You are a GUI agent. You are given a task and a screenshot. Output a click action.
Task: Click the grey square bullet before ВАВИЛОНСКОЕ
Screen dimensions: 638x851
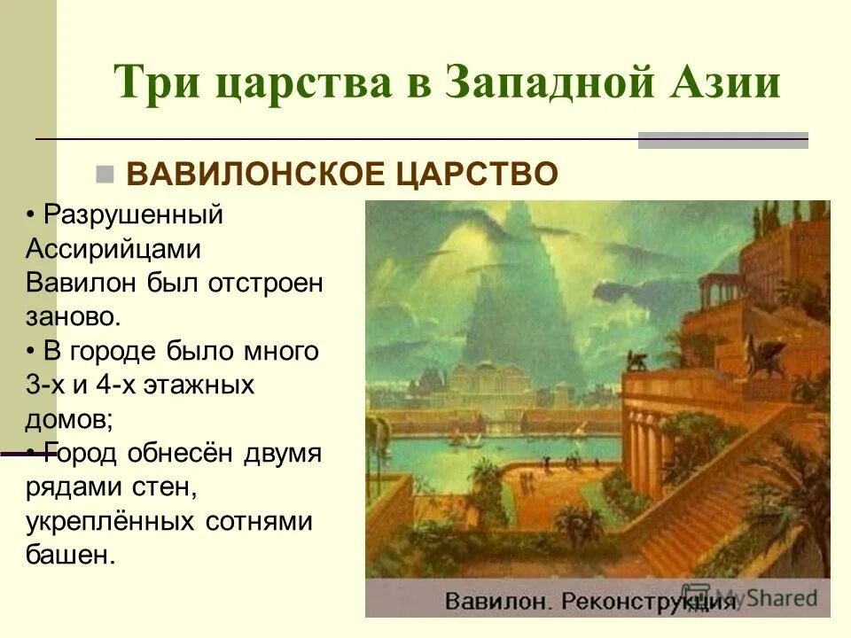(x=106, y=172)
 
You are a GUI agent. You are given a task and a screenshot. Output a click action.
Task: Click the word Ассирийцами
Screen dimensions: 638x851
(x=113, y=249)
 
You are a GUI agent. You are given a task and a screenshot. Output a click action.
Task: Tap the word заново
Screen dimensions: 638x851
(x=72, y=315)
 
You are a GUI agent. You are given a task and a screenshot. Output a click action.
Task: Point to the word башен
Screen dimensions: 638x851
(x=70, y=556)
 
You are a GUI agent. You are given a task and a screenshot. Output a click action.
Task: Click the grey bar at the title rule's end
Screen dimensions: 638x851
(x=723, y=139)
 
